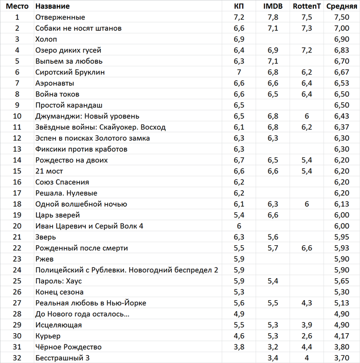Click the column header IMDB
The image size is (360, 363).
tap(273, 6)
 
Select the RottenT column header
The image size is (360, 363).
tap(307, 6)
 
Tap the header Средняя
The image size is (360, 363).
tap(342, 6)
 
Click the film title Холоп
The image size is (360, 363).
tap(46, 39)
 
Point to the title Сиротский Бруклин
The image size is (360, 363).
tap(70, 72)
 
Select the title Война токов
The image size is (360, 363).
tap(57, 94)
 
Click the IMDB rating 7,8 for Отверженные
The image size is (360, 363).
tap(273, 17)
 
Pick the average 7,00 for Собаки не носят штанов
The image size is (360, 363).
tap(342, 28)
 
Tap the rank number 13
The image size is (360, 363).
tap(17, 149)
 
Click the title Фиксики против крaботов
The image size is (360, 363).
tap(81, 149)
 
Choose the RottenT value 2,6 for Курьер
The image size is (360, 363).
tap(307, 336)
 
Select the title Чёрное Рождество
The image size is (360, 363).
tap(68, 347)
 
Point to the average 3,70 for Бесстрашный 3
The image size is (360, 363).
tap(342, 358)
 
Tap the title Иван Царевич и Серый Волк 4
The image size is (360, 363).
tap(89, 226)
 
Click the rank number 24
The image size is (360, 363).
tap(17, 270)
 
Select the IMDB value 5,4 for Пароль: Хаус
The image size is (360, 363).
tap(273, 281)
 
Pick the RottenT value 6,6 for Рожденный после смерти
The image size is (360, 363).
tap(307, 248)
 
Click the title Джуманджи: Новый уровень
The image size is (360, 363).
tap(87, 116)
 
